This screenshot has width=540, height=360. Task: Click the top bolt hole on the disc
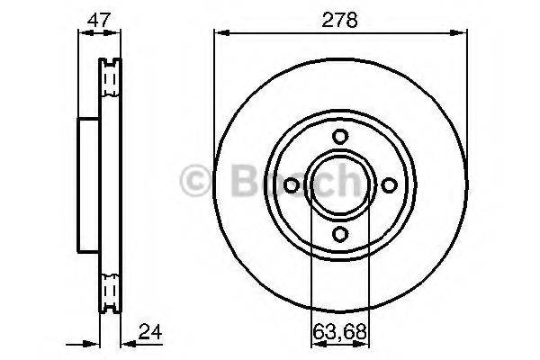339,136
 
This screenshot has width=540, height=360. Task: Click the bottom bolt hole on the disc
339,233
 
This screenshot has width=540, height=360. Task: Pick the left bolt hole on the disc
291,184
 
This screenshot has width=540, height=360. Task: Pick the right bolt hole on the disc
389,184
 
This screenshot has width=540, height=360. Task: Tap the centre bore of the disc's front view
339,184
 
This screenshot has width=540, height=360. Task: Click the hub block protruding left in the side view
88,184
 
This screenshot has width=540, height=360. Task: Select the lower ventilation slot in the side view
111,290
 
